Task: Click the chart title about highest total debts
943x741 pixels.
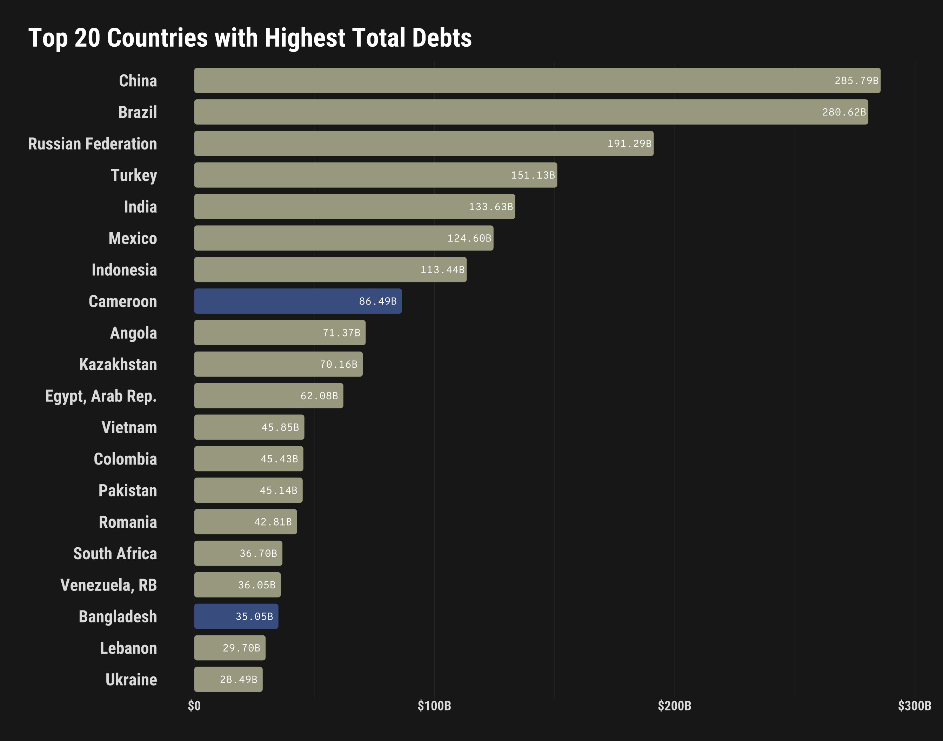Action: pos(250,38)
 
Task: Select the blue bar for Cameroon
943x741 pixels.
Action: pos(297,301)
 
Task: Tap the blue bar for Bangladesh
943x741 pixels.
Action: pos(236,616)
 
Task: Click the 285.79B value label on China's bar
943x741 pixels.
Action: pos(856,81)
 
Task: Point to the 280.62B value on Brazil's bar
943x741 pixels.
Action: pos(844,112)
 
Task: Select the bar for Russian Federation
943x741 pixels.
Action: pos(423,143)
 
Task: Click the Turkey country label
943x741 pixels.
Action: pos(134,176)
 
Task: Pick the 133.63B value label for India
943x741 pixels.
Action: pos(490,207)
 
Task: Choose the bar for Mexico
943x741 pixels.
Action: pos(343,238)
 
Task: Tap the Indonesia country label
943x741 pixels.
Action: pos(124,270)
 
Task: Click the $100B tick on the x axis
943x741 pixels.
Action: pos(434,706)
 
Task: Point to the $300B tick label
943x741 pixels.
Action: pos(914,706)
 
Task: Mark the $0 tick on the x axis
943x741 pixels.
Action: pos(194,706)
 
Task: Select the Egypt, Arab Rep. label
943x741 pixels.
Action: pos(101,396)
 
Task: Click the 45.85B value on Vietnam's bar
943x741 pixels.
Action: pos(280,427)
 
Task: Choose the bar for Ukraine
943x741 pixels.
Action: pos(228,679)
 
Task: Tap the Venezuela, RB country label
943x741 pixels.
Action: pos(108,585)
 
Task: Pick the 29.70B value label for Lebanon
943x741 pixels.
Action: pos(241,648)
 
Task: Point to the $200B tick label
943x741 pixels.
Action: pos(675,706)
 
